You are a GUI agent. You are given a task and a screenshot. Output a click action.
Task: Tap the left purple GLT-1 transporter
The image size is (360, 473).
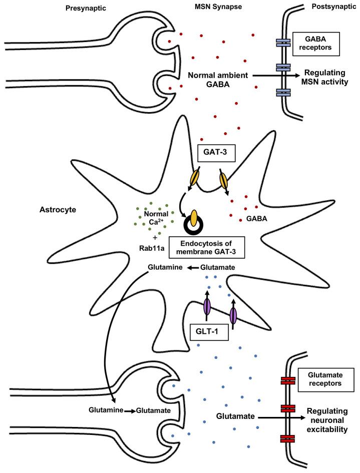click(208, 307)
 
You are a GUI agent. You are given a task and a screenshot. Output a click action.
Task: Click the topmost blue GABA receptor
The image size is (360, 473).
click(284, 44)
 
